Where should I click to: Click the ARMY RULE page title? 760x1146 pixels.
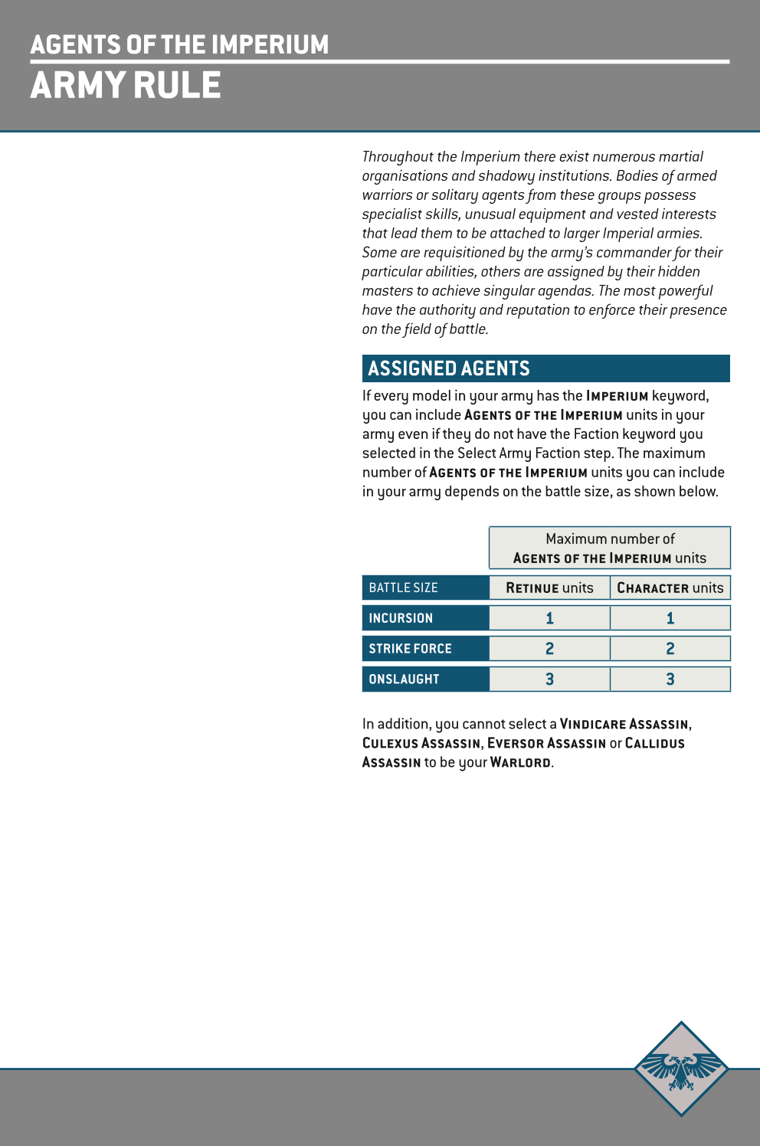click(x=126, y=85)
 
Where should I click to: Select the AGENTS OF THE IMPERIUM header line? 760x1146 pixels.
click(x=179, y=44)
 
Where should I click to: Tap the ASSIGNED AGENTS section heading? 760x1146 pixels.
click(x=449, y=368)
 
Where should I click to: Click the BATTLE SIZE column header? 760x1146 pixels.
click(x=404, y=588)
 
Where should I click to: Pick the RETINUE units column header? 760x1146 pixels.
click(x=549, y=588)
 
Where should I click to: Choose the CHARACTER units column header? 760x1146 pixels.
click(x=670, y=588)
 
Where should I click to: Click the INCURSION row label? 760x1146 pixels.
click(x=401, y=618)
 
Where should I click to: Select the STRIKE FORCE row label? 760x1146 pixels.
click(x=411, y=649)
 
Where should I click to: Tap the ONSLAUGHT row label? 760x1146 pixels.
click(x=404, y=679)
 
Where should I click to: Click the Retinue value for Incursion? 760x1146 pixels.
click(x=549, y=618)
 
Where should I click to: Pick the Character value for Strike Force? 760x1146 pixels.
click(x=670, y=649)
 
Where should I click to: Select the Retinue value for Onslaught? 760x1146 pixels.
click(x=549, y=679)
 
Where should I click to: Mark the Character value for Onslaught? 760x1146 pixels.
click(x=670, y=679)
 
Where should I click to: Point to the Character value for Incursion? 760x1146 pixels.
click(x=670, y=618)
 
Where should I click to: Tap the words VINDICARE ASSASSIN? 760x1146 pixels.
click(x=624, y=724)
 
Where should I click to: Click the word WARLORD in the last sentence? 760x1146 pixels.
click(x=520, y=762)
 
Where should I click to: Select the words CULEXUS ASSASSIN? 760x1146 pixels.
click(x=421, y=743)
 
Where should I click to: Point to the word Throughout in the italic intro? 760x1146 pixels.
click(x=398, y=157)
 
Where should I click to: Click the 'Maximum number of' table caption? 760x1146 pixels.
click(x=610, y=539)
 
